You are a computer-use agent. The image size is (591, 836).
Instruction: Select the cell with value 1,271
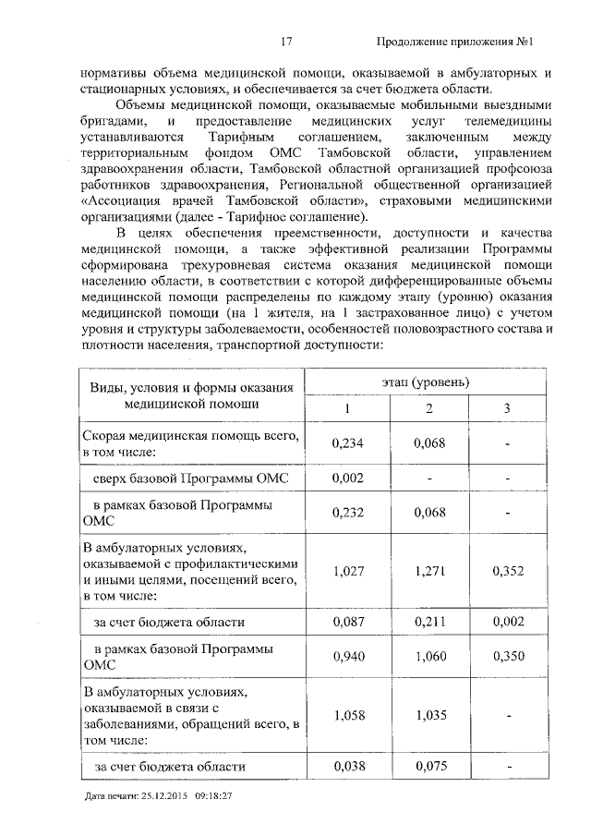tap(429, 571)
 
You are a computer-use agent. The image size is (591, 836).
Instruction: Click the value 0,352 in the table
tap(507, 571)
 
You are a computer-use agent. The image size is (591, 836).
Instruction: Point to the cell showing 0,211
tap(429, 623)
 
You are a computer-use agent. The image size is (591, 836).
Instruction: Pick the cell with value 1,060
tap(429, 657)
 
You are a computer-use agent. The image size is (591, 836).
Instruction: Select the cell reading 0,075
tap(429, 766)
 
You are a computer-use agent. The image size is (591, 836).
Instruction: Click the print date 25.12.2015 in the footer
tap(163, 795)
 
